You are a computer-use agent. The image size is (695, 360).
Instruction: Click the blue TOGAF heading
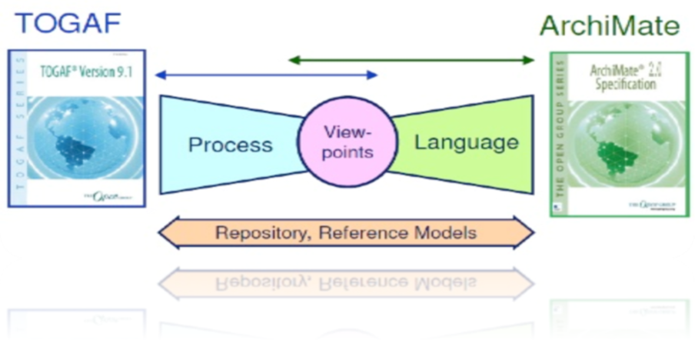68,23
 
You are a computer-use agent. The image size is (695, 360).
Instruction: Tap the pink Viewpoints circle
347,142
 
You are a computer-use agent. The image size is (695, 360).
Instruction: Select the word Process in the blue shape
231,145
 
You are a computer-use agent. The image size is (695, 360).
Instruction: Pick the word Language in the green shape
467,142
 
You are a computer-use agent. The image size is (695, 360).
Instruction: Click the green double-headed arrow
411,59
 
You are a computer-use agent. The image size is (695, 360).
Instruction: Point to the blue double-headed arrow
266,75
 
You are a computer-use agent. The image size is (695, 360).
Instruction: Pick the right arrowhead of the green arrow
528,59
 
